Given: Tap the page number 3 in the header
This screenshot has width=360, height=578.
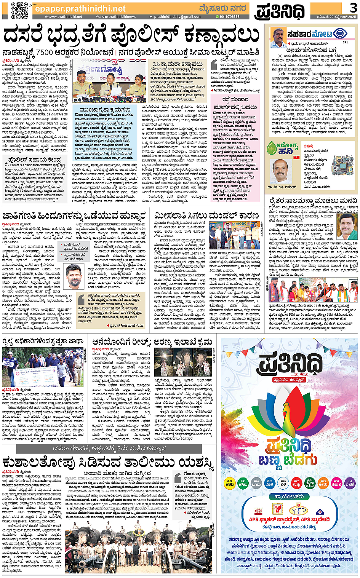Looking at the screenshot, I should pos(354,7).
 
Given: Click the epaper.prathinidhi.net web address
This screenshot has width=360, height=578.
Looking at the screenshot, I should pos(80,8).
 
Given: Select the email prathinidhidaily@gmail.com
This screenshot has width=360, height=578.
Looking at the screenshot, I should pos(178,17).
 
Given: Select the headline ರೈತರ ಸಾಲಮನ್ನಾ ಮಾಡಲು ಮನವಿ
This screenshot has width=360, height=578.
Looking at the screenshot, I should pos(313,201).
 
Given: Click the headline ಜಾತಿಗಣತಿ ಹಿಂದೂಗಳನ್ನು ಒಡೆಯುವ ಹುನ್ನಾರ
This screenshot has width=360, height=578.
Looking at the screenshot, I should pos(74,216).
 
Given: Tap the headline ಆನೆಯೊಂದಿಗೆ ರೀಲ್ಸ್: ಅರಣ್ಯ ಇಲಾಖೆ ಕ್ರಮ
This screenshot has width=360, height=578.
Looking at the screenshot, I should pos(152,342).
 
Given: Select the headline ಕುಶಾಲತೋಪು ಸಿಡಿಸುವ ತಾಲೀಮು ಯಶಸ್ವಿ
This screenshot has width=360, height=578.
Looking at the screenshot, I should pos(108,462).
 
